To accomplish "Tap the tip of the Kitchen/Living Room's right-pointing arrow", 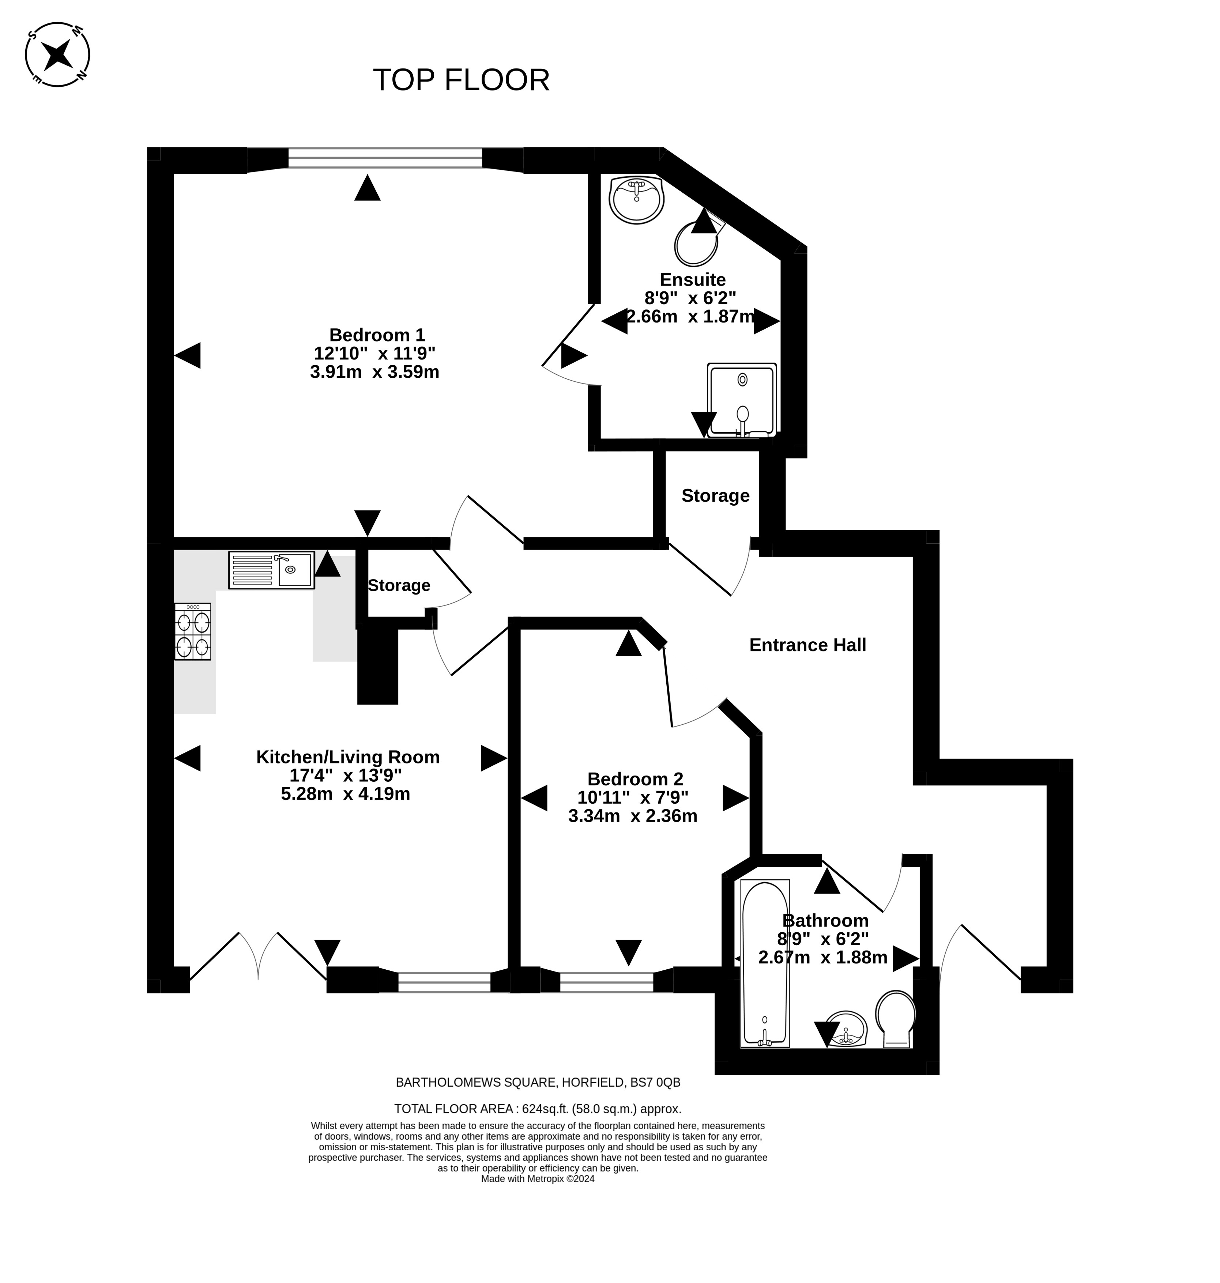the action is click(x=507, y=758).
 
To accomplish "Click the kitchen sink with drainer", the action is click(x=271, y=570).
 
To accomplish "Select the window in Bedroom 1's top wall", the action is click(x=386, y=158).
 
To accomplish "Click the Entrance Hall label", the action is click(x=808, y=645).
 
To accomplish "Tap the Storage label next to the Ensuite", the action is click(x=715, y=495).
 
